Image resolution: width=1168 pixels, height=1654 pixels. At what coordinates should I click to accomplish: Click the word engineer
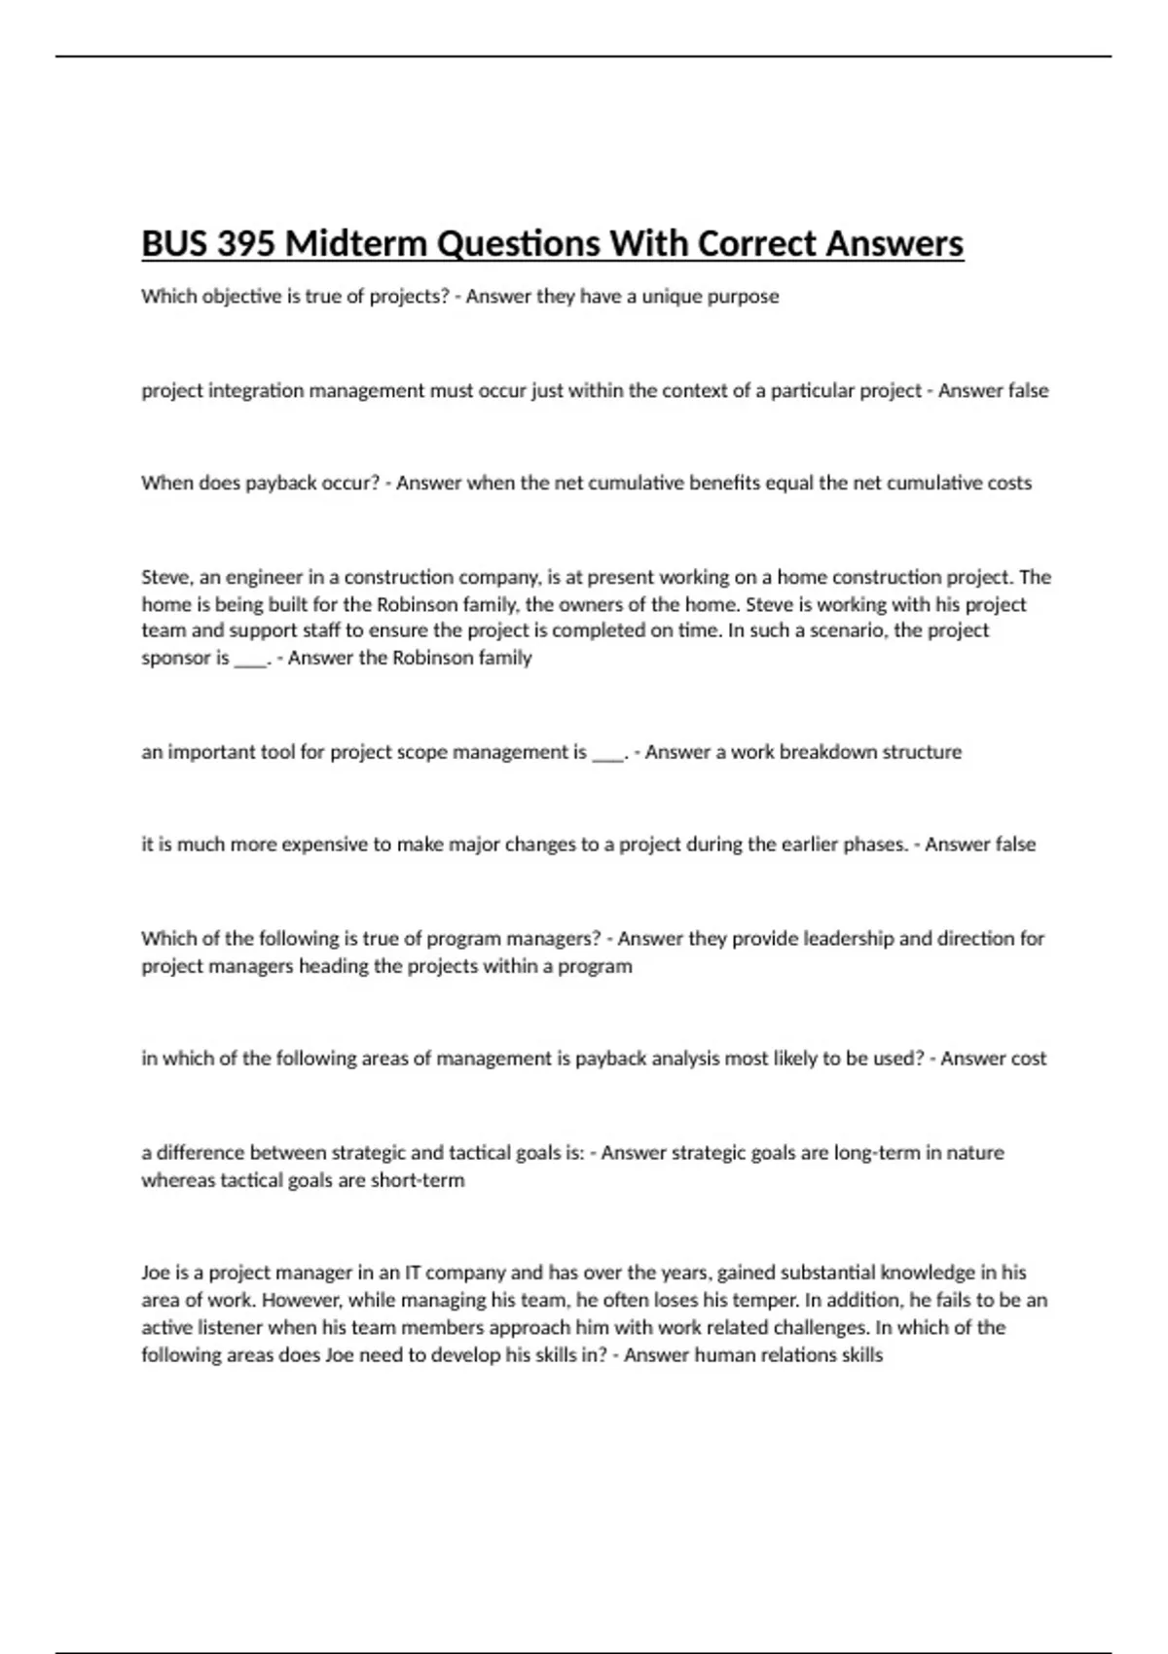[x=265, y=577]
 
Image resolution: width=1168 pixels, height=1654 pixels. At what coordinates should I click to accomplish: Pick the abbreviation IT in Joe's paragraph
[x=413, y=1273]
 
